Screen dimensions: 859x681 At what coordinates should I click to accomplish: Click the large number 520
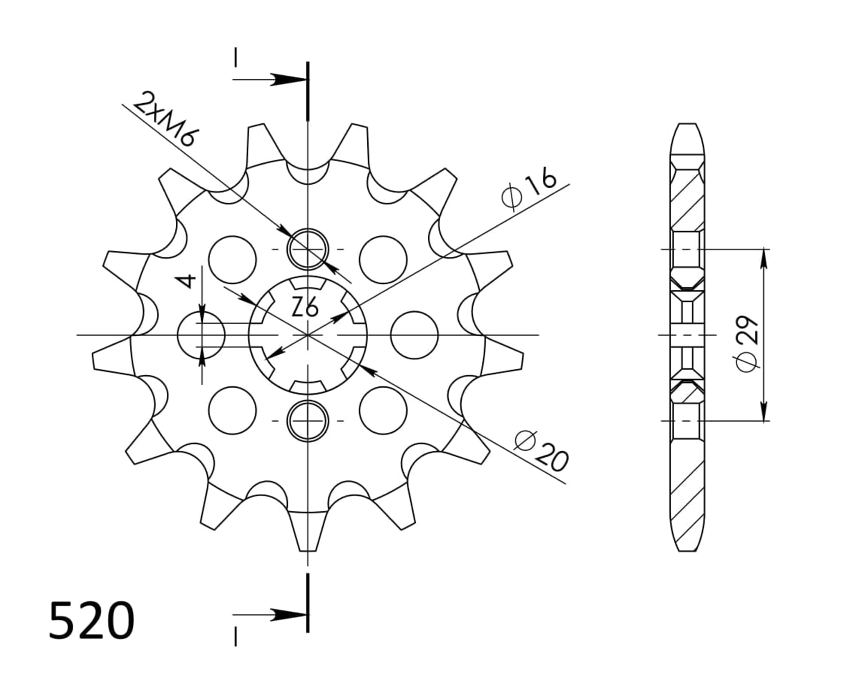[x=91, y=621]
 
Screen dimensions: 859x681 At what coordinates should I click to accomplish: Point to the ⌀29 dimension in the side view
[x=748, y=343]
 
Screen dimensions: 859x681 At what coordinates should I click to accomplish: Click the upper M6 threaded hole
[x=308, y=249]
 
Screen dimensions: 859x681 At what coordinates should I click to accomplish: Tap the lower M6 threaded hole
[x=308, y=421]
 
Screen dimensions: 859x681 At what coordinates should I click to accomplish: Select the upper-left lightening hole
[x=233, y=259]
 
